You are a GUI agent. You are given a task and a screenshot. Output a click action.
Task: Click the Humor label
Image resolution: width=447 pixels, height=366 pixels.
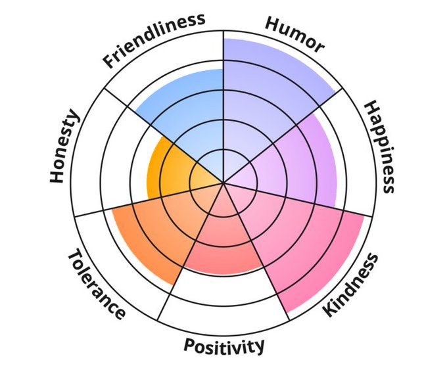294,34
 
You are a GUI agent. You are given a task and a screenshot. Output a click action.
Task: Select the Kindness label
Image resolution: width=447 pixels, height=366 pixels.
352,285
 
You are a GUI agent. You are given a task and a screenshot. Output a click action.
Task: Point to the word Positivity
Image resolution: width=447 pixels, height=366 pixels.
224,345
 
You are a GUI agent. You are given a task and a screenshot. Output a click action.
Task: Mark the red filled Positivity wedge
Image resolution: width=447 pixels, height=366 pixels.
224,243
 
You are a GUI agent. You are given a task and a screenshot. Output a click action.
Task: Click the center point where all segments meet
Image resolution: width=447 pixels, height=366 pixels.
224,183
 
